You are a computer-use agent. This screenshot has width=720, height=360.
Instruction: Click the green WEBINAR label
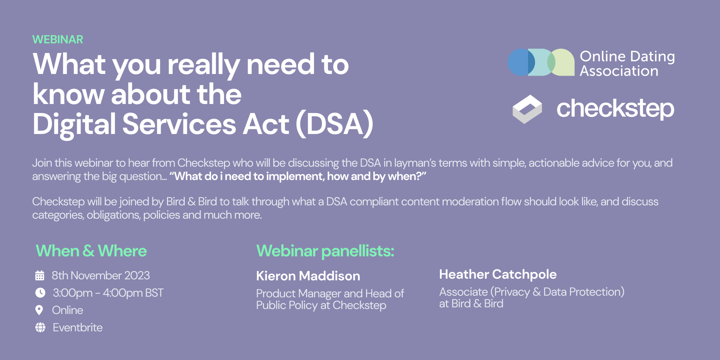(x=58, y=39)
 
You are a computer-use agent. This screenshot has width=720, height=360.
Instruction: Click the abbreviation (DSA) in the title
(x=335, y=124)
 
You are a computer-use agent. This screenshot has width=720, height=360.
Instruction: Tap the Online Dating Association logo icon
(x=541, y=62)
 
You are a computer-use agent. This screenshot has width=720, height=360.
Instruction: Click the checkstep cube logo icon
(x=527, y=109)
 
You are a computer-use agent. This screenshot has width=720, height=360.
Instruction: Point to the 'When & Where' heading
(x=91, y=251)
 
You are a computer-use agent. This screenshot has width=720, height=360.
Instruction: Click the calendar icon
(x=40, y=275)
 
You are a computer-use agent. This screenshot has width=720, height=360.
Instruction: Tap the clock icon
(x=40, y=293)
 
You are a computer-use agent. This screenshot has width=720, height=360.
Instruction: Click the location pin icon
(x=39, y=310)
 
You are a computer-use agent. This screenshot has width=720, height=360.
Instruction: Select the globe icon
(x=40, y=327)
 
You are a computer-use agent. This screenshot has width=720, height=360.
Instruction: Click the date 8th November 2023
(x=101, y=275)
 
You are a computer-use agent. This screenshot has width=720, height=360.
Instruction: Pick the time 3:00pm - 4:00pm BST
(x=108, y=293)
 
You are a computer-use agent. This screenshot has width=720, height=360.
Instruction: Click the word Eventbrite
(x=78, y=328)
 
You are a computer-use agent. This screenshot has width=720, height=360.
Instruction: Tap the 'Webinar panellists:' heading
(x=325, y=251)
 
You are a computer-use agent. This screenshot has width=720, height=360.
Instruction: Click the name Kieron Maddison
(x=308, y=276)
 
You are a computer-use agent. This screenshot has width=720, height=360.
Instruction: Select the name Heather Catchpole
(x=498, y=274)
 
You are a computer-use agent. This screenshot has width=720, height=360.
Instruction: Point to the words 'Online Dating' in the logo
(x=627, y=56)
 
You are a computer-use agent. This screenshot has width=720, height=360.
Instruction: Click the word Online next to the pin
(x=68, y=310)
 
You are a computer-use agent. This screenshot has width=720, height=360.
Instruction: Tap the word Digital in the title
(x=74, y=124)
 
